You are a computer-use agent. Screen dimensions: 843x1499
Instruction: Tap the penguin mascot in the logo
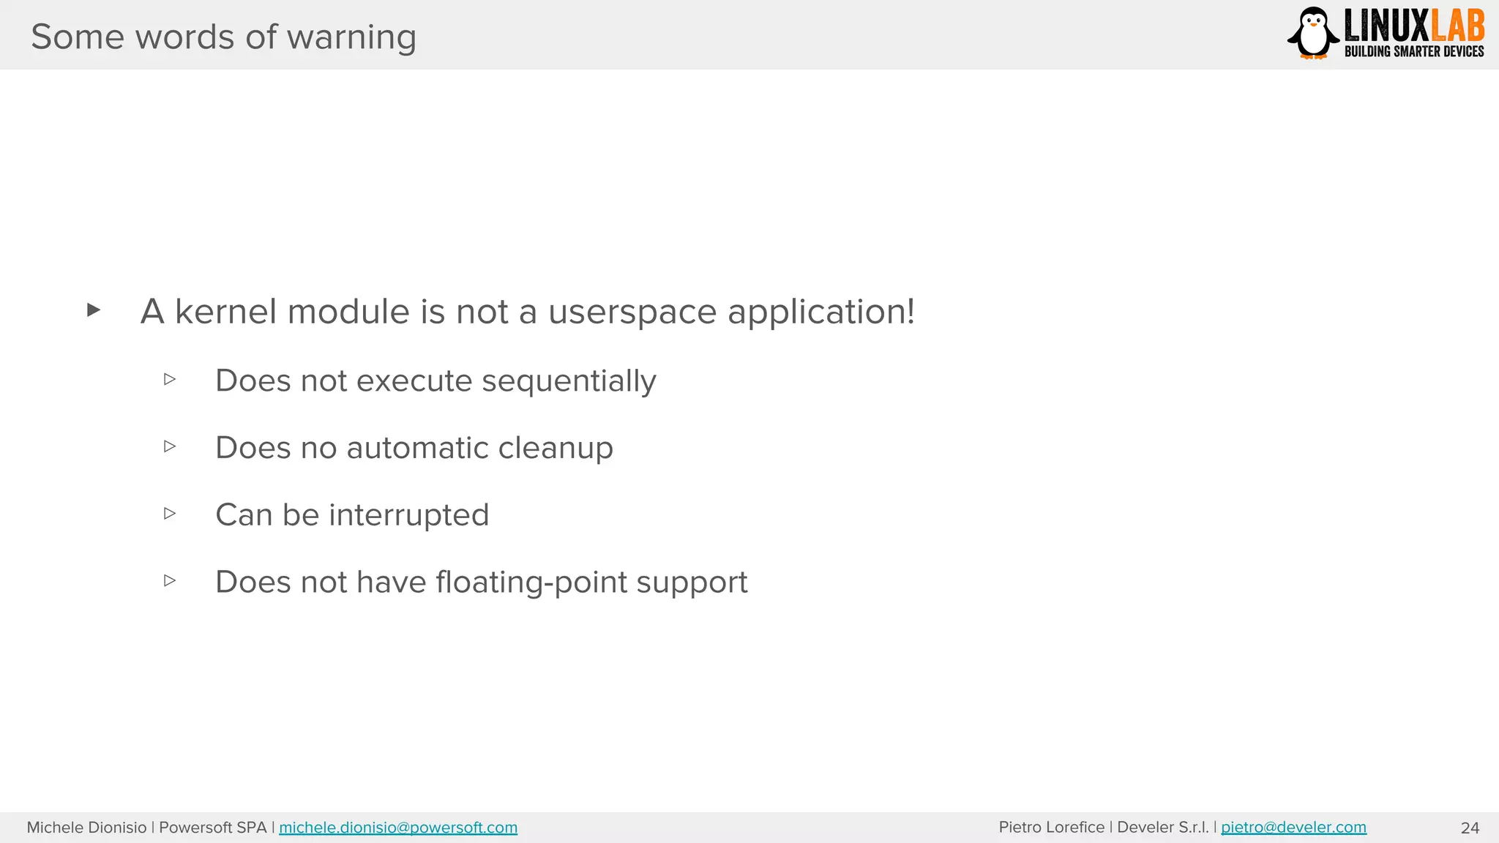click(x=1314, y=32)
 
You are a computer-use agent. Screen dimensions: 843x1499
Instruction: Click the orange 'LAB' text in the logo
click(x=1457, y=26)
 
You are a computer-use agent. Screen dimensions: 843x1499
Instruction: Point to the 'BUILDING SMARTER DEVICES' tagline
click(x=1414, y=51)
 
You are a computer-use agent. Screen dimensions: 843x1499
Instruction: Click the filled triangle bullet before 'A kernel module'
click(x=93, y=310)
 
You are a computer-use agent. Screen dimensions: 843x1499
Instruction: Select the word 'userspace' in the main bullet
click(x=632, y=312)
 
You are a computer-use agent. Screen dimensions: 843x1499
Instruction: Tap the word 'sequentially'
click(x=569, y=381)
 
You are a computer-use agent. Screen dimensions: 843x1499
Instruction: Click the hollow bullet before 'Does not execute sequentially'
click(x=170, y=379)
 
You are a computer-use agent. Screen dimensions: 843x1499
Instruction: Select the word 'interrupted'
click(x=408, y=515)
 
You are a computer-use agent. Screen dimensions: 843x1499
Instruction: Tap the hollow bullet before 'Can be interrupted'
click(x=170, y=514)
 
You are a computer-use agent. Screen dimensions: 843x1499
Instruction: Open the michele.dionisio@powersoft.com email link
click(x=398, y=828)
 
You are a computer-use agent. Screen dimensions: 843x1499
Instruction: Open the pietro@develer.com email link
click(x=1293, y=828)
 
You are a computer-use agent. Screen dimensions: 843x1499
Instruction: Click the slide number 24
click(x=1470, y=828)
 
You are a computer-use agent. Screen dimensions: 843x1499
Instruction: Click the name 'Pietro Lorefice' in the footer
click(x=1051, y=828)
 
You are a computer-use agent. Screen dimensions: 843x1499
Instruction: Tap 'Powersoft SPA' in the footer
click(x=212, y=828)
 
